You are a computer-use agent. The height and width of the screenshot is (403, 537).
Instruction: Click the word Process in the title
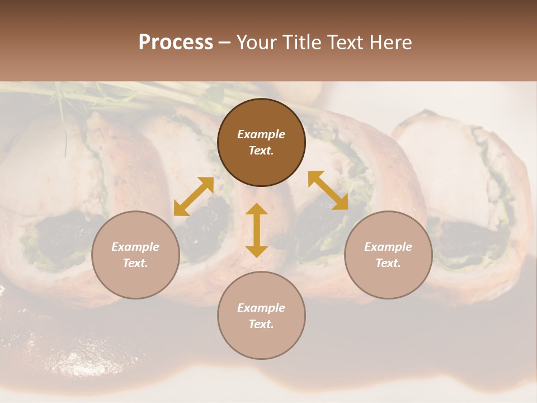[176, 43]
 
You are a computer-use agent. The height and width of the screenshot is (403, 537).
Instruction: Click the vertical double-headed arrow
[257, 230]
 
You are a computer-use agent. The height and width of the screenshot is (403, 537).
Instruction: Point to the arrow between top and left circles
[194, 196]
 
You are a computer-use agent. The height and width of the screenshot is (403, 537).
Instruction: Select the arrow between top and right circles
[328, 190]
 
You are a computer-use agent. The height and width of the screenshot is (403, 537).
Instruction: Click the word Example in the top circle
[261, 134]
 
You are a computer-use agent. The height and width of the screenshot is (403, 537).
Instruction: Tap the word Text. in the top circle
[261, 151]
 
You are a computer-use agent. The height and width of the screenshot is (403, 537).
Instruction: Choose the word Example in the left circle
[135, 247]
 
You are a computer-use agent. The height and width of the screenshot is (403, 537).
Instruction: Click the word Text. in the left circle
[135, 263]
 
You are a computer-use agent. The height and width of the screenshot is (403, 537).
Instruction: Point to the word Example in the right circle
[388, 247]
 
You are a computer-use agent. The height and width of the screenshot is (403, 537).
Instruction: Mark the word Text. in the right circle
[388, 263]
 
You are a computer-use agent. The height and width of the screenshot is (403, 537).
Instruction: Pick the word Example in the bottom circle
[261, 308]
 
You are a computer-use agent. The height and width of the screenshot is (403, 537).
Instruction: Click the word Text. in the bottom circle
[261, 324]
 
